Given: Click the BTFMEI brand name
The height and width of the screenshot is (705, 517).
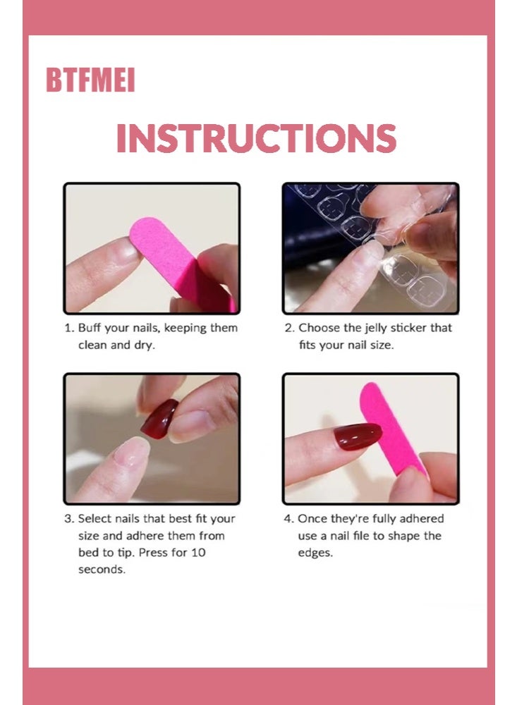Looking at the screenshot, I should click(x=90, y=80).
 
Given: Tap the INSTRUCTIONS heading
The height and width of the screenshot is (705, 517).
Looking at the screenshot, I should click(x=256, y=138).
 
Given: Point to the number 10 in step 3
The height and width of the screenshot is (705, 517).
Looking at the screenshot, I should click(x=198, y=553).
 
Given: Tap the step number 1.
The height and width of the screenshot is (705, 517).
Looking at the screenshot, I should click(x=68, y=328).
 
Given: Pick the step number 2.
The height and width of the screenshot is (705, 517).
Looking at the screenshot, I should click(x=288, y=328).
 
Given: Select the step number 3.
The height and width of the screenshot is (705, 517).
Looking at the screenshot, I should click(x=68, y=519).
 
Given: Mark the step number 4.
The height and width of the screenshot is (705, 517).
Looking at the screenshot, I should click(x=288, y=519).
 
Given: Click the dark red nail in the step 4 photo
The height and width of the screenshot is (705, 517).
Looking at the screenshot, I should click(x=358, y=436).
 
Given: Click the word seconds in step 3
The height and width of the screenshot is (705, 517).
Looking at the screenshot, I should click(x=102, y=570).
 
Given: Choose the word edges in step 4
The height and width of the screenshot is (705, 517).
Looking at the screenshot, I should click(x=315, y=553).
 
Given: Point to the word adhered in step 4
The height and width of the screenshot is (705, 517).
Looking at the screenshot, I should click(x=421, y=519).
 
